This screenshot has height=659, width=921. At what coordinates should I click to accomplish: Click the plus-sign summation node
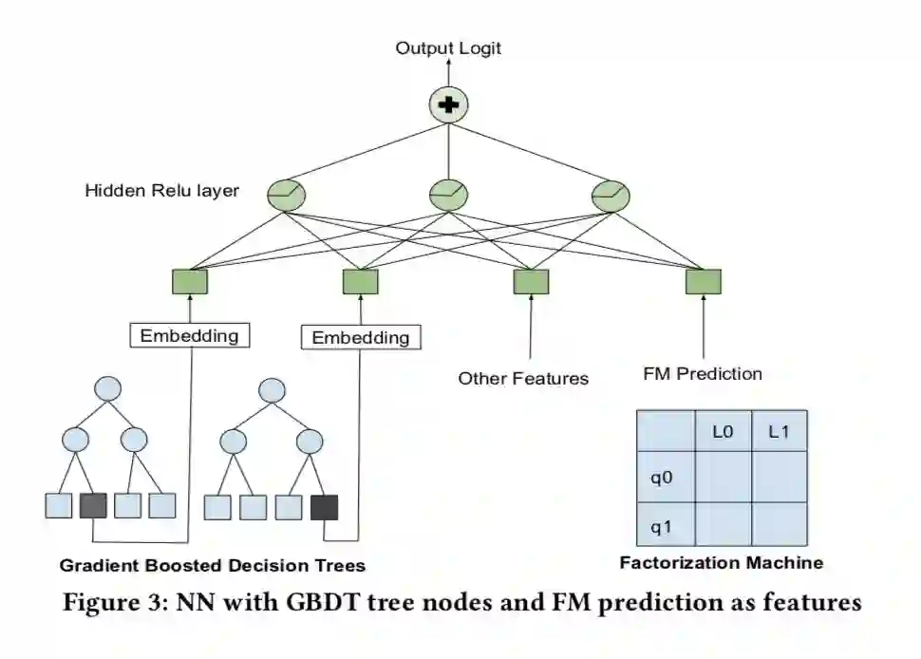click(450, 104)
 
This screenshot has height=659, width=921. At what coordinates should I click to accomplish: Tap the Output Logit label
click(448, 48)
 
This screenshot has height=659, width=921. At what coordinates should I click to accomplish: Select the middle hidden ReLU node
click(448, 196)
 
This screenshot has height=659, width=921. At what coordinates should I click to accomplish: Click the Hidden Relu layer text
click(162, 191)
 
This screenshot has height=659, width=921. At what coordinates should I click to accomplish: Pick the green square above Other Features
click(531, 281)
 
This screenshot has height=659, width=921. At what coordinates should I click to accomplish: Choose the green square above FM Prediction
click(703, 281)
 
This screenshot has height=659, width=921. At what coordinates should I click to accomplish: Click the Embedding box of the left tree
click(189, 335)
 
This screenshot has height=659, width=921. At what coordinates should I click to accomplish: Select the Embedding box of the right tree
click(360, 337)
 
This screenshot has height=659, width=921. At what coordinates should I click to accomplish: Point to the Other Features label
click(523, 378)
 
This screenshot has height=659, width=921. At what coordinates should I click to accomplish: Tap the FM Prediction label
click(702, 373)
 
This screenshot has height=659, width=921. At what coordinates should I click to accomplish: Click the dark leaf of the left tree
click(94, 505)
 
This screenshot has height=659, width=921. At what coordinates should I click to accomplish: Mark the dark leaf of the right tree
click(324, 507)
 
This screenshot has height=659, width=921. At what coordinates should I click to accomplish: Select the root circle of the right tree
click(273, 389)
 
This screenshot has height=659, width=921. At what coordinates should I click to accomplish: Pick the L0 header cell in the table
click(723, 431)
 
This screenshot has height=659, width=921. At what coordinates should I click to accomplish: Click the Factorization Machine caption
click(721, 562)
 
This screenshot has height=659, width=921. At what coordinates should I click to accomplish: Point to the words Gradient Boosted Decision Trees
click(212, 566)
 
